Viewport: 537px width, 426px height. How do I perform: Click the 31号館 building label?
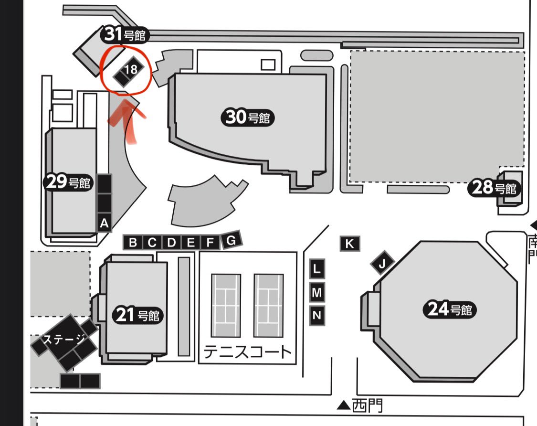(x=125, y=34)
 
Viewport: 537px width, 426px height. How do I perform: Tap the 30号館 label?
(x=248, y=117)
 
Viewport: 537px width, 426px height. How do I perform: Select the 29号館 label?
(x=68, y=182)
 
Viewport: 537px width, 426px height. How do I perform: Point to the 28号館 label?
(x=494, y=188)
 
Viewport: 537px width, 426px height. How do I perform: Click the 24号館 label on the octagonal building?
(x=450, y=309)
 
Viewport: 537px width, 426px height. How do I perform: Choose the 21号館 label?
(x=137, y=315)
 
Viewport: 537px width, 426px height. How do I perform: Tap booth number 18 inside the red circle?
(x=130, y=70)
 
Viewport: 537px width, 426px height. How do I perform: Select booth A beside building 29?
(x=104, y=224)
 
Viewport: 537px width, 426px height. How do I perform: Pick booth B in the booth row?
(x=133, y=243)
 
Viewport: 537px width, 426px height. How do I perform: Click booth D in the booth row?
(x=171, y=243)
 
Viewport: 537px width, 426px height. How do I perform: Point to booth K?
(x=349, y=244)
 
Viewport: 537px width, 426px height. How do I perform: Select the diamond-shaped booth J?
(x=382, y=263)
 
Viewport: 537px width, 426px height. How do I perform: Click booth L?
(x=317, y=269)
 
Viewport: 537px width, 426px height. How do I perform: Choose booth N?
(x=317, y=315)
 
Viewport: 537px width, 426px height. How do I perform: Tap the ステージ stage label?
(x=63, y=340)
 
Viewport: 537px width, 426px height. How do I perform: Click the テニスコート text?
(x=247, y=351)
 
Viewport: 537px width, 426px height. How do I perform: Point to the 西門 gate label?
(x=367, y=406)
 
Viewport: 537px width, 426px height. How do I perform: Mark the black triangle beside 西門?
(x=344, y=406)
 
